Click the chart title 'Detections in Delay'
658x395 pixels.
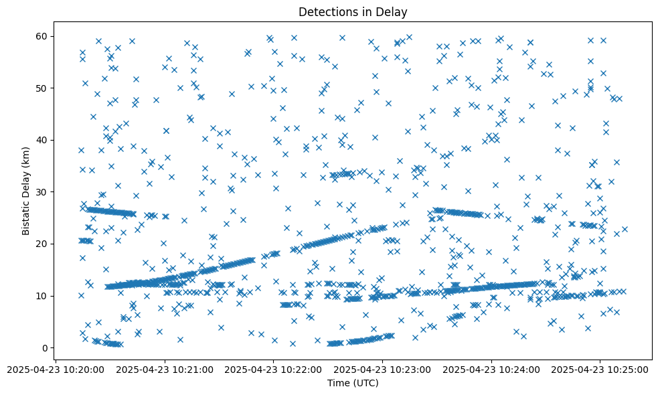[353, 12]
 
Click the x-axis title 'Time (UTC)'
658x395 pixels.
[353, 383]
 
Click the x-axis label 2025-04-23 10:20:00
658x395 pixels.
[56, 369]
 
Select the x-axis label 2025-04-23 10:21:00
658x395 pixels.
[165, 369]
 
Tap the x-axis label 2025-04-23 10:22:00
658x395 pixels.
[274, 369]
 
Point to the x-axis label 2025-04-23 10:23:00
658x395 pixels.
[383, 369]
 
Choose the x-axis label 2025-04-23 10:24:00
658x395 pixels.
[492, 369]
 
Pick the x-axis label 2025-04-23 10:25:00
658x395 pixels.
[600, 369]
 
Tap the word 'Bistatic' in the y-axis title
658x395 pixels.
[26, 216]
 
